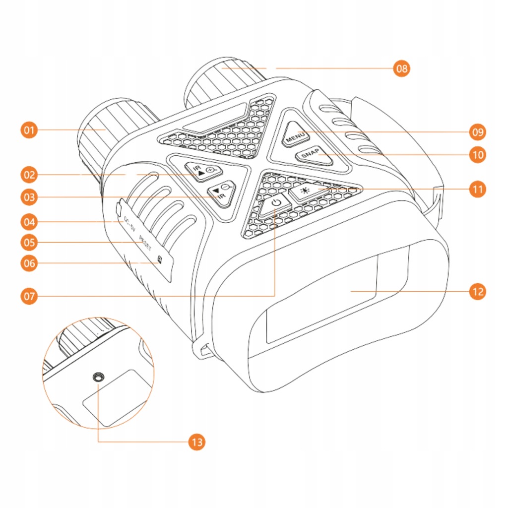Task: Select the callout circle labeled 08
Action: point(402,68)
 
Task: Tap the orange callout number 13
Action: point(197,442)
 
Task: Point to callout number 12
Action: point(478,291)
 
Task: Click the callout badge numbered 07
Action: point(30,297)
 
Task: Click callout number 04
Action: point(30,221)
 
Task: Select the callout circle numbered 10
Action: point(478,155)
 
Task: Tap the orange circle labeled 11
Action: point(478,190)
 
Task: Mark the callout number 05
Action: point(30,242)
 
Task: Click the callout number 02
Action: point(30,175)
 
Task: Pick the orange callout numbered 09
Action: point(478,132)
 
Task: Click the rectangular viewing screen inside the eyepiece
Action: point(322,303)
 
